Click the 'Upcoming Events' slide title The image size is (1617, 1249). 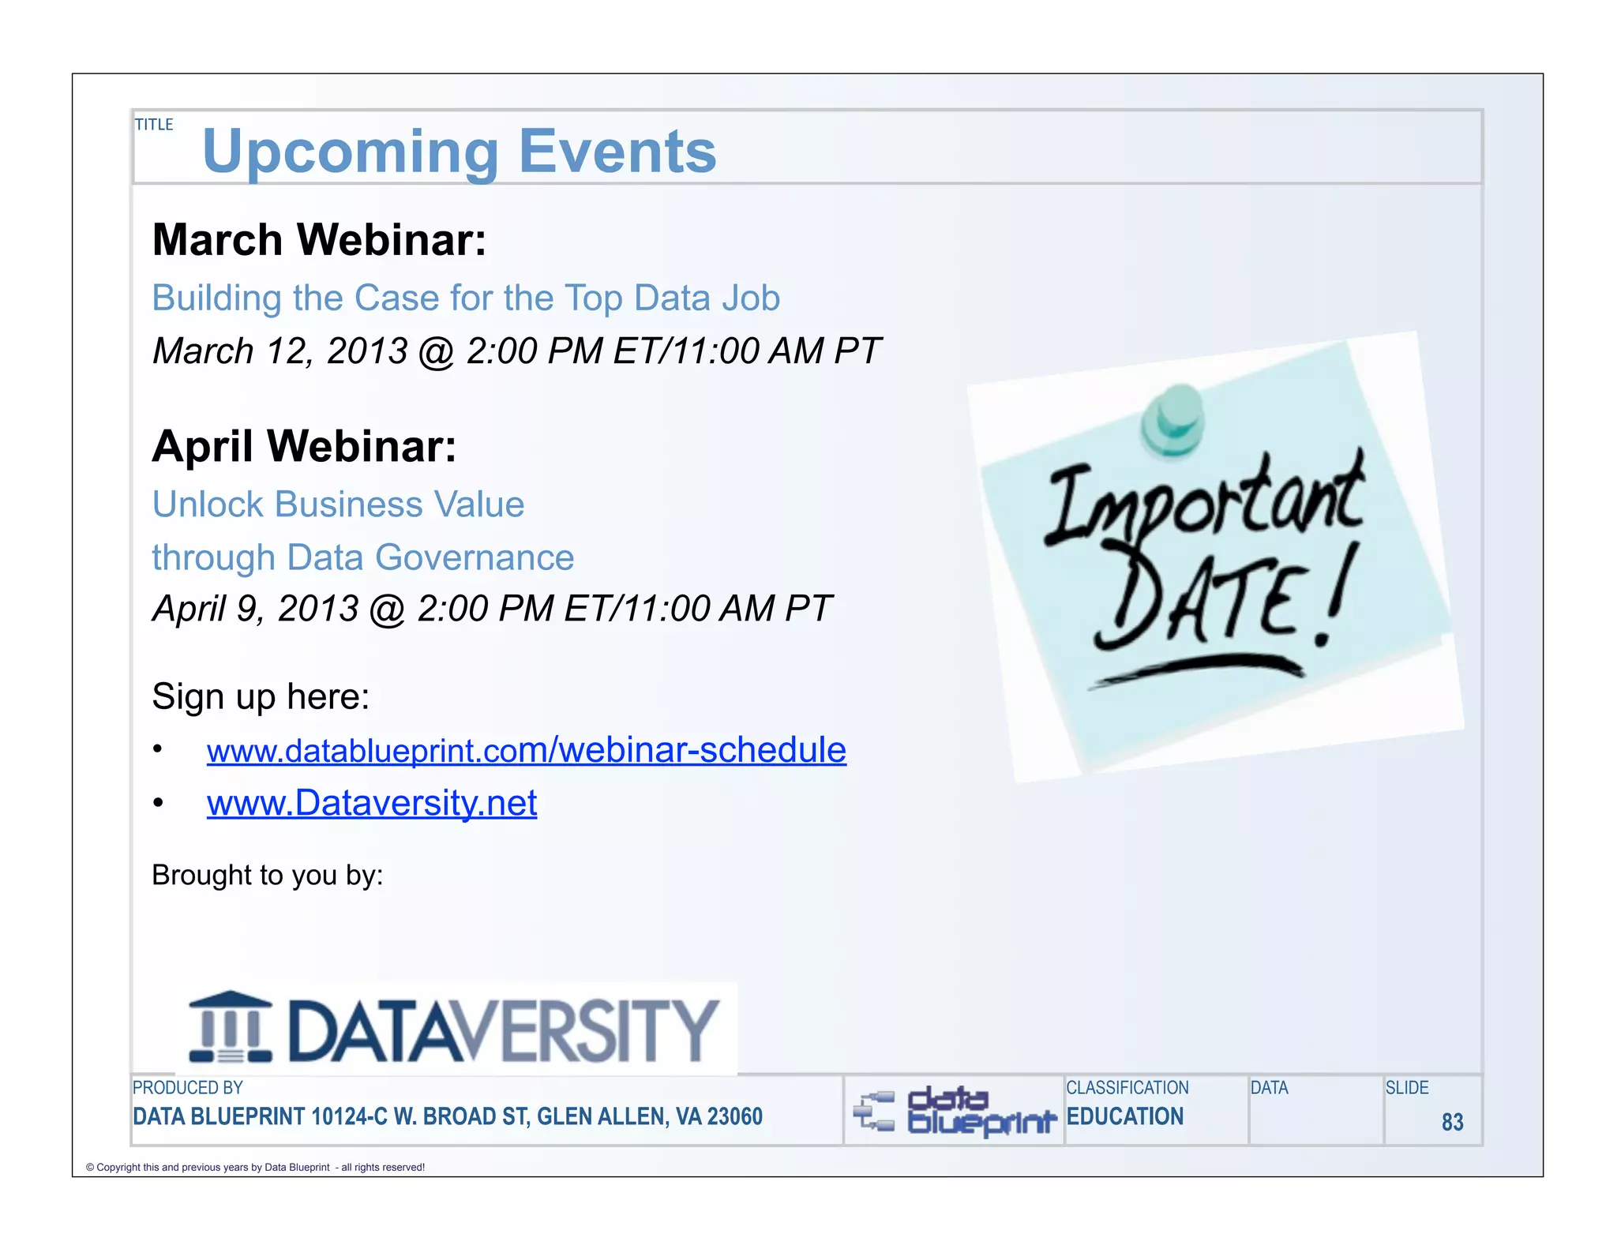(x=459, y=152)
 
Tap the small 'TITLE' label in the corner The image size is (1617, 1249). (x=153, y=125)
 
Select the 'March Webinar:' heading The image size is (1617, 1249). (x=319, y=240)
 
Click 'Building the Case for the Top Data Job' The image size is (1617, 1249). (x=466, y=298)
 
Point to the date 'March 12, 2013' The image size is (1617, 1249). (x=280, y=351)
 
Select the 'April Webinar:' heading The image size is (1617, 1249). (x=304, y=447)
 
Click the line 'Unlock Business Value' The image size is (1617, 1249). (x=338, y=504)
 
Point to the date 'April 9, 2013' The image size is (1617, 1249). (x=255, y=609)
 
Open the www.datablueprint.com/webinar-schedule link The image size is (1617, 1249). (x=526, y=750)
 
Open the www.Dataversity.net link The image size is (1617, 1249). (x=371, y=803)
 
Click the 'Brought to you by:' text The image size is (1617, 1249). (x=267, y=876)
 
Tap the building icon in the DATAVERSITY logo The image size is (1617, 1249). (x=231, y=1027)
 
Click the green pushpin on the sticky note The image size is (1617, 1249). (x=1173, y=419)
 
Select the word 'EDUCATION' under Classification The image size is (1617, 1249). (x=1124, y=1116)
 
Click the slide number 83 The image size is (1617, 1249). (x=1451, y=1122)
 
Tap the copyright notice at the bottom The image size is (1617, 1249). (x=255, y=1167)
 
